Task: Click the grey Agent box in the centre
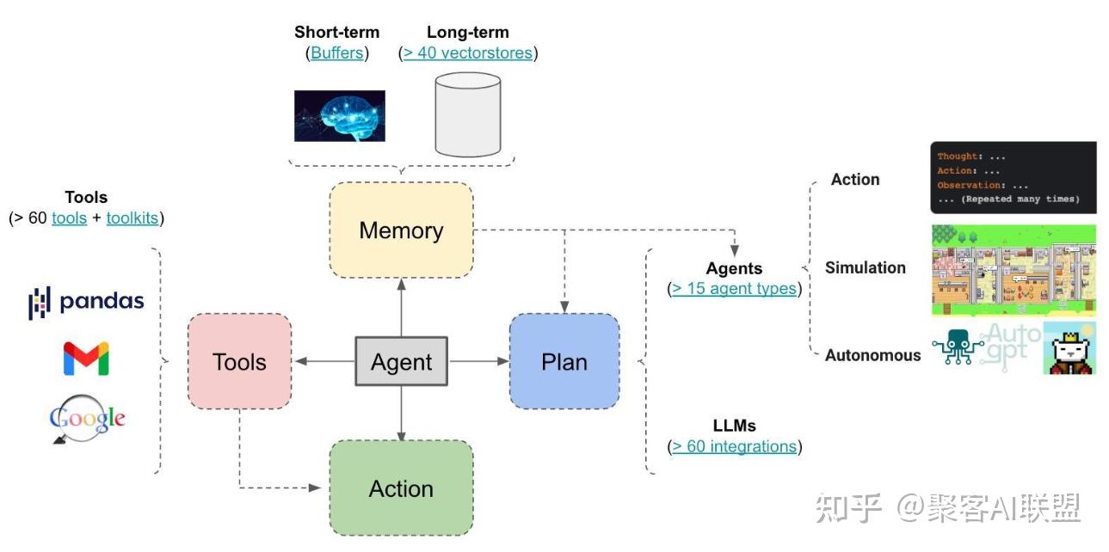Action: (401, 362)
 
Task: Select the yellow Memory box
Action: (401, 230)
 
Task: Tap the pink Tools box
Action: (239, 362)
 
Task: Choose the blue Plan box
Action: (564, 362)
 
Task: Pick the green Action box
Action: (401, 489)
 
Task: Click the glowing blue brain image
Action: (339, 116)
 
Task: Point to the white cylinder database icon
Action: (467, 113)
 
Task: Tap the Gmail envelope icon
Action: (86, 359)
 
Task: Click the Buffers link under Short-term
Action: (338, 53)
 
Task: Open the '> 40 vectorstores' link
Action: (467, 53)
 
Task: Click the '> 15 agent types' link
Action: (734, 289)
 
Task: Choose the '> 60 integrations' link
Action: (734, 447)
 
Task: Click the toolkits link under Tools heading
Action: (132, 218)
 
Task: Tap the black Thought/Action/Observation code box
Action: (1013, 178)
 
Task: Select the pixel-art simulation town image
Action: (1013, 270)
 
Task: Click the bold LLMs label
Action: (734, 426)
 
